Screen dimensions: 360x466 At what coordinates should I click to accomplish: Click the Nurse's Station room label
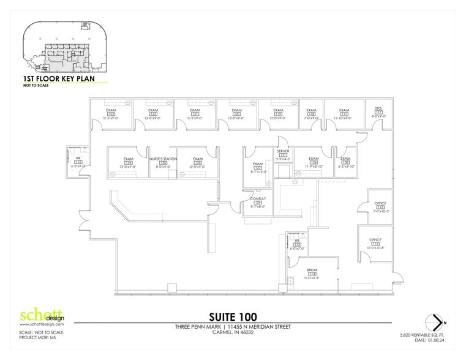click(x=163, y=158)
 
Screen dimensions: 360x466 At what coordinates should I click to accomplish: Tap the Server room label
click(x=283, y=151)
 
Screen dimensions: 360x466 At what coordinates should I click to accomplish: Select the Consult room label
click(x=257, y=199)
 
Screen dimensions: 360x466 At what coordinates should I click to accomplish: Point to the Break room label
click(x=311, y=269)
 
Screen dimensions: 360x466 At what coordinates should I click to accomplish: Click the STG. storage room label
click(x=378, y=109)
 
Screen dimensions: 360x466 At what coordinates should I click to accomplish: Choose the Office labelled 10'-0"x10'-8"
click(x=375, y=240)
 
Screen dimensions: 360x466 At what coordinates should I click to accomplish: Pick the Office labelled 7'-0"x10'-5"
click(x=380, y=203)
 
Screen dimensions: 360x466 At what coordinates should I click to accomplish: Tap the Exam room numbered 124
click(x=128, y=159)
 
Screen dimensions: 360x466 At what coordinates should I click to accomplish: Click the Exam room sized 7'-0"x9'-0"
click(x=311, y=110)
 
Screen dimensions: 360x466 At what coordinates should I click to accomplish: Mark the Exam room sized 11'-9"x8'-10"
click(x=314, y=159)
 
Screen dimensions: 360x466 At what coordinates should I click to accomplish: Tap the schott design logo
click(x=42, y=317)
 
